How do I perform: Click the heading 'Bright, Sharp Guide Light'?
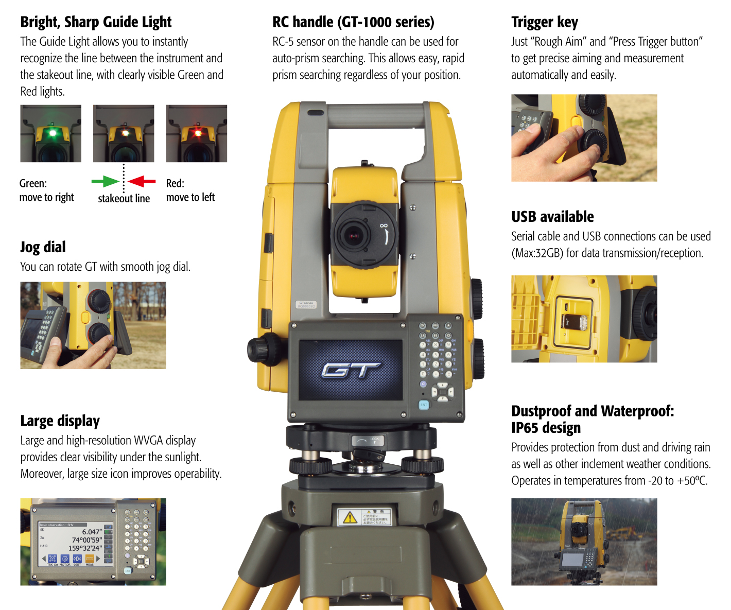(96, 22)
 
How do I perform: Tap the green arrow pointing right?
(105, 181)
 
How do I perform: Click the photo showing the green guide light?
(51, 133)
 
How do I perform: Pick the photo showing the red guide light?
(197, 133)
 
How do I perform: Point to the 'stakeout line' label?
(124, 199)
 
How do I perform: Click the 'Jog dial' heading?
(43, 247)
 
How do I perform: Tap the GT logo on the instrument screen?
(351, 369)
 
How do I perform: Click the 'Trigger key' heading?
(544, 22)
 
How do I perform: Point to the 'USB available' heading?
(552, 217)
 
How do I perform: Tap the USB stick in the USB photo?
(582, 323)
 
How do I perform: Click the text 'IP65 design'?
(546, 428)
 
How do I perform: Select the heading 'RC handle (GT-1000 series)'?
(353, 22)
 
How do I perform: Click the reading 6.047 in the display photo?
(92, 532)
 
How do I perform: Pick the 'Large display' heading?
(60, 421)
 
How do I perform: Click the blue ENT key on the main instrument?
(424, 405)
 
